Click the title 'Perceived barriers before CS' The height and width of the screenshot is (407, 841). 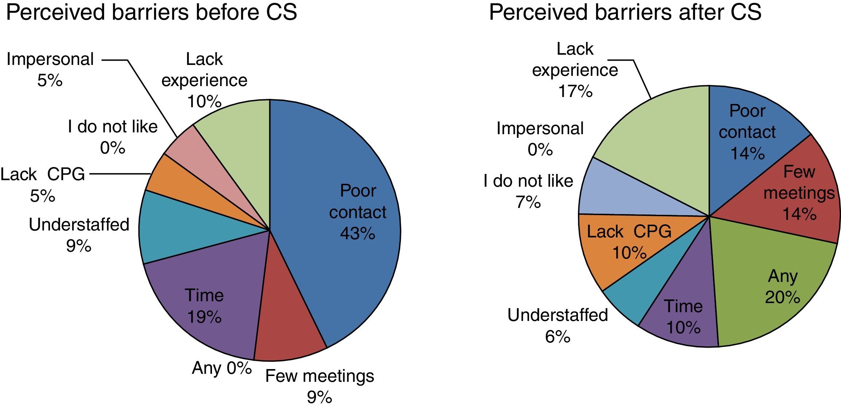coord(151,12)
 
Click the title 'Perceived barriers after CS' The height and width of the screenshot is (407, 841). coord(625,12)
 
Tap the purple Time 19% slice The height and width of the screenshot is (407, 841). coord(204,306)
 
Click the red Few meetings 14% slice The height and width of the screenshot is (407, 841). coord(795,193)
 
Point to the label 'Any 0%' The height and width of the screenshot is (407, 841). coord(221,368)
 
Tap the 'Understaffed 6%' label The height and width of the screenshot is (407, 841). coord(558,325)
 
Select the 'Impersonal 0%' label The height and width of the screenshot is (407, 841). coord(540,139)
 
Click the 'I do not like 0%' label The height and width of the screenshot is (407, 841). coord(113,137)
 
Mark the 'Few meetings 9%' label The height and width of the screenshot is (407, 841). coord(320,386)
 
